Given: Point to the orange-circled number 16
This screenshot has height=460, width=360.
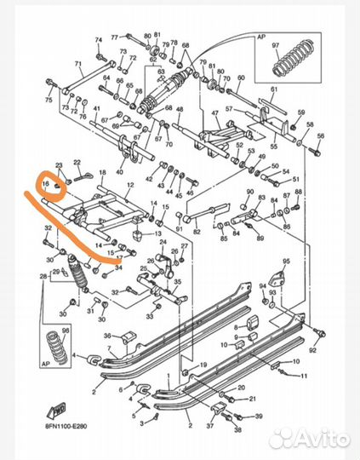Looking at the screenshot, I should pos(48,182).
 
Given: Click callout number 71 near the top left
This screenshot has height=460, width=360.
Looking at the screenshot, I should pos(77,65).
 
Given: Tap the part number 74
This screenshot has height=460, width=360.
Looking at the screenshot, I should pos(99,39).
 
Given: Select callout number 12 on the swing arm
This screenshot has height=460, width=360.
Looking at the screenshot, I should pos(130,185).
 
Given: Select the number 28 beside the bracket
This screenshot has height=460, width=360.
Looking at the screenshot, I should pos(43,278).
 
